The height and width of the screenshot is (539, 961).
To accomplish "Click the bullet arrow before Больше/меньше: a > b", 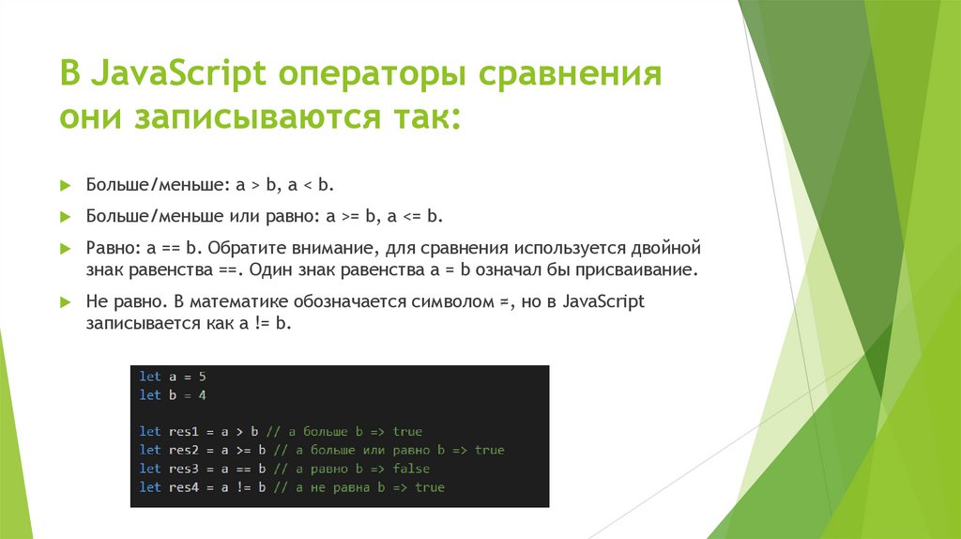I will tap(65, 186).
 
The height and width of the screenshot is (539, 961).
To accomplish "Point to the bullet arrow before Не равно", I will tap(65, 303).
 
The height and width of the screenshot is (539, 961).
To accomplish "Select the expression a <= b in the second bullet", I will tap(414, 217).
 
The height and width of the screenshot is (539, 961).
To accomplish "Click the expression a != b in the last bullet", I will tap(267, 325).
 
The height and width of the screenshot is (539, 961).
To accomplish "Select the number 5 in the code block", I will tap(202, 376).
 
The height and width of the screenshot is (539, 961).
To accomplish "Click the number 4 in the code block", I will tap(202, 394).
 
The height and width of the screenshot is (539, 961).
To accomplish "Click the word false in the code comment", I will tap(411, 469).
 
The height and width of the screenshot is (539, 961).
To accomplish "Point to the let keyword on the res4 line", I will tap(150, 487).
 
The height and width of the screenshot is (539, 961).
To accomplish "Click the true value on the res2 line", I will tap(489, 450).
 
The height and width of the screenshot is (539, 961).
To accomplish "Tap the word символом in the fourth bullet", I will tap(449, 302).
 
